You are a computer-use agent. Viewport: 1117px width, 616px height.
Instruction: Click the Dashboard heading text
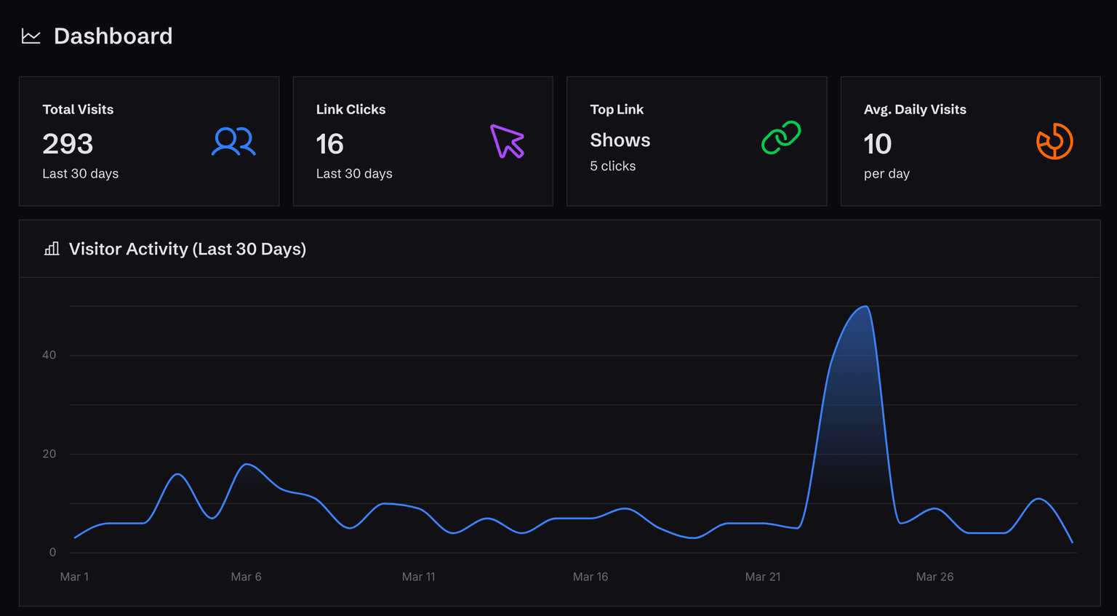(113, 36)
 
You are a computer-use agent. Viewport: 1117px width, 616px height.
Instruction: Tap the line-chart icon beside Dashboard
(31, 36)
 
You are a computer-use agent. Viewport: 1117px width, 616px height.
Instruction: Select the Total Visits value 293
(68, 144)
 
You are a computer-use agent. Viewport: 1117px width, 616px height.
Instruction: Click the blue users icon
(233, 142)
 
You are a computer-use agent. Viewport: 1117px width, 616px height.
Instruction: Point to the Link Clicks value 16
(329, 144)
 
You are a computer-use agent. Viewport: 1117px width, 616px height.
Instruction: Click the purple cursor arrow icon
(507, 141)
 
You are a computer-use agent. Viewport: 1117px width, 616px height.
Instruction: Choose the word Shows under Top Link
(620, 140)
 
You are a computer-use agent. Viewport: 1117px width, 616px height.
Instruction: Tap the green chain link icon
(781, 137)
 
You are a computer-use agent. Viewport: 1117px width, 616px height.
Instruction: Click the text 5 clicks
(612, 166)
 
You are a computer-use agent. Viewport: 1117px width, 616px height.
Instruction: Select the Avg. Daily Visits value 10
(877, 144)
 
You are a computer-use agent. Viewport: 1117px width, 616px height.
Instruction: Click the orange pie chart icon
(1054, 141)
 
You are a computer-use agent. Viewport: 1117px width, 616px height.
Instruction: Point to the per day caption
(886, 174)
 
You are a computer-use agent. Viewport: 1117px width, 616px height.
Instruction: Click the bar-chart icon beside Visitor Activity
(52, 249)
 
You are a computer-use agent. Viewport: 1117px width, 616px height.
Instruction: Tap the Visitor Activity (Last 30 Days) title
(187, 249)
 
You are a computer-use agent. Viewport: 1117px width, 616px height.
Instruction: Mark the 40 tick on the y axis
(49, 355)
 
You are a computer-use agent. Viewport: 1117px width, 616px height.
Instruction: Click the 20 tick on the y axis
(49, 454)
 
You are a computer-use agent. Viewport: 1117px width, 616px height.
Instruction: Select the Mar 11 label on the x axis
(418, 577)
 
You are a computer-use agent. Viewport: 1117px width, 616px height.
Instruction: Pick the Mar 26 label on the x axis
(934, 577)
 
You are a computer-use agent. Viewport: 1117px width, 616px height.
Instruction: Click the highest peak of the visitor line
(865, 306)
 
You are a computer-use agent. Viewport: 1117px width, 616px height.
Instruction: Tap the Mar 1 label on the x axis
(74, 577)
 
